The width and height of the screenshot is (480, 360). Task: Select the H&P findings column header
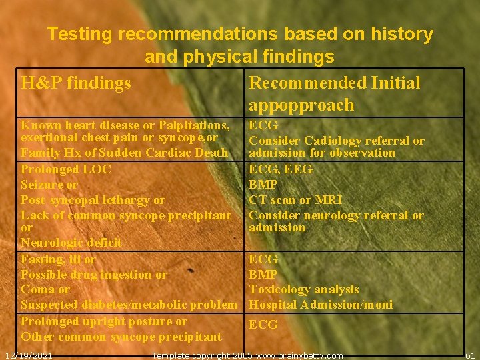(76, 83)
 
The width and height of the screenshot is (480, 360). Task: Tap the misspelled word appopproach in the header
(301, 105)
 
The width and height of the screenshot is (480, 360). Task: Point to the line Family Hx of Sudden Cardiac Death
(124, 153)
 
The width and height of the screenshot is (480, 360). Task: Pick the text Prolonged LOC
(66, 169)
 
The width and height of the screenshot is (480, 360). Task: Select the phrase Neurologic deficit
(71, 243)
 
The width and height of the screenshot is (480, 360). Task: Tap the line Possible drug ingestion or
(94, 275)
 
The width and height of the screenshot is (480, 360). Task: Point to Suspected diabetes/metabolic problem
(129, 305)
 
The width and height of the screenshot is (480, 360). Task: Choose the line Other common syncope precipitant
(121, 337)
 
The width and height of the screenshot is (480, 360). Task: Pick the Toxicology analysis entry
(303, 290)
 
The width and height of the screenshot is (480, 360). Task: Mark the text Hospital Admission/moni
(320, 305)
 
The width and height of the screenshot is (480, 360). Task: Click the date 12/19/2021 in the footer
(29, 355)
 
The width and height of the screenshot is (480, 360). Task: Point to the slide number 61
(469, 355)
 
